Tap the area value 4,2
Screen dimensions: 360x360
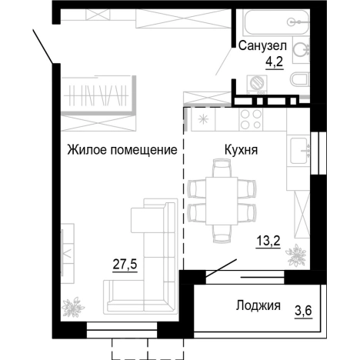(x=274, y=64)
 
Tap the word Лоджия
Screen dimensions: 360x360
(x=256, y=306)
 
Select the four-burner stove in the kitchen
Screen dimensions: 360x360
(x=252, y=119)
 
